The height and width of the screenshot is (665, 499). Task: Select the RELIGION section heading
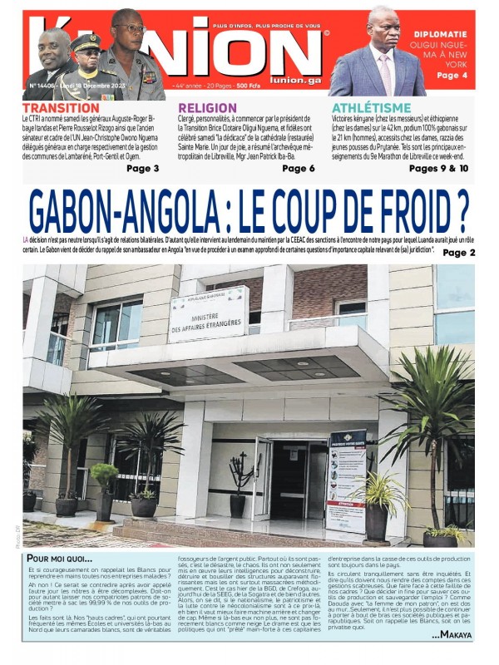pyautogui.click(x=207, y=108)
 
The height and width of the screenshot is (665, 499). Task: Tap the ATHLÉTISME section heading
pyautogui.click(x=371, y=108)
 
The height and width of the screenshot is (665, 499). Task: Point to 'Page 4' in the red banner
pyautogui.click(x=452, y=75)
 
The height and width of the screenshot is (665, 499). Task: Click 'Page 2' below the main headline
pyautogui.click(x=459, y=252)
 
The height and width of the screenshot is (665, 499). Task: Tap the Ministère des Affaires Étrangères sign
pyautogui.click(x=208, y=313)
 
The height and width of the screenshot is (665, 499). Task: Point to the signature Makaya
pyautogui.click(x=452, y=635)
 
